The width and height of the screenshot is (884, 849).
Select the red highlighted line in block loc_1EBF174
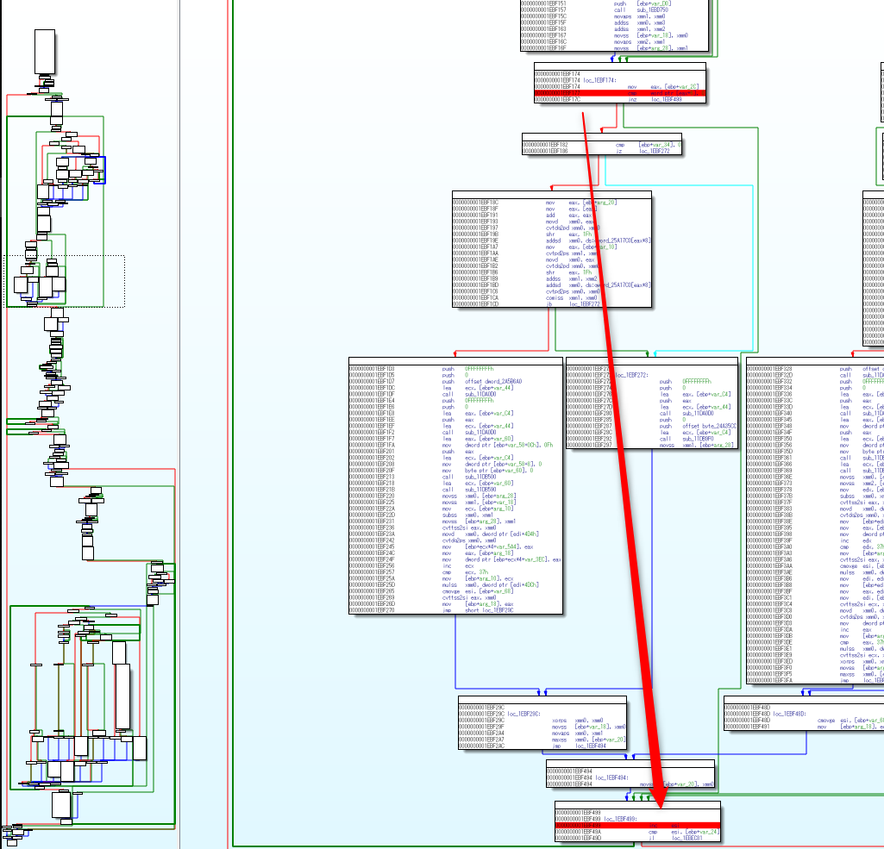(620, 93)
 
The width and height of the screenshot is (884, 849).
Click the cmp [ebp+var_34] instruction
(647, 145)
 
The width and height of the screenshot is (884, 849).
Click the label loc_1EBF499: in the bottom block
(620, 819)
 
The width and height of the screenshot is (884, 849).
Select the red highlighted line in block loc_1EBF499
(636, 825)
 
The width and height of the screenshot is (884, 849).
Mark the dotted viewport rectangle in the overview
(65, 281)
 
